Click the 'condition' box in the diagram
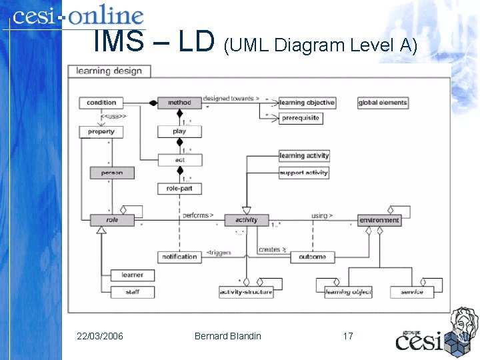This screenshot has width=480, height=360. coord(101,103)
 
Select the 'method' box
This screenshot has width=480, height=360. coord(179,103)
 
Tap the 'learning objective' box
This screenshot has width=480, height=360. coord(307,103)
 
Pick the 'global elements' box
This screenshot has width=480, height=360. coord(383,103)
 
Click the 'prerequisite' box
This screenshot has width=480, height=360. coord(301,118)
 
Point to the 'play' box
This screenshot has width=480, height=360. coord(179,131)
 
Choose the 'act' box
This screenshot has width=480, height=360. coord(179,160)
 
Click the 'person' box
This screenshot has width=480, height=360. coord(112,173)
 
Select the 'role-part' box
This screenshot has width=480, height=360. coord(179,189)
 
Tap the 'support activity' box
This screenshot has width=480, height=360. coord(304,173)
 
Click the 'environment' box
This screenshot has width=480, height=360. coord(379,220)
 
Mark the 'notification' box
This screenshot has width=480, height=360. coord(179,257)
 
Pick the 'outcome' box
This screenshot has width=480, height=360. coord(312,257)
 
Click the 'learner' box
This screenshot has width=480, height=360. coord(132,275)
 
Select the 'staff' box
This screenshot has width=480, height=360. coord(132,292)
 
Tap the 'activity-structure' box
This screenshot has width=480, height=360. coord(246,292)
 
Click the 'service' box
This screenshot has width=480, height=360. coord(411,292)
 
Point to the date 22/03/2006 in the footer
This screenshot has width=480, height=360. coord(100,335)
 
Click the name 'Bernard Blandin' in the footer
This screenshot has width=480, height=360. coord(228,335)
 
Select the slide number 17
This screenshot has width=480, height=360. coord(347,335)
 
